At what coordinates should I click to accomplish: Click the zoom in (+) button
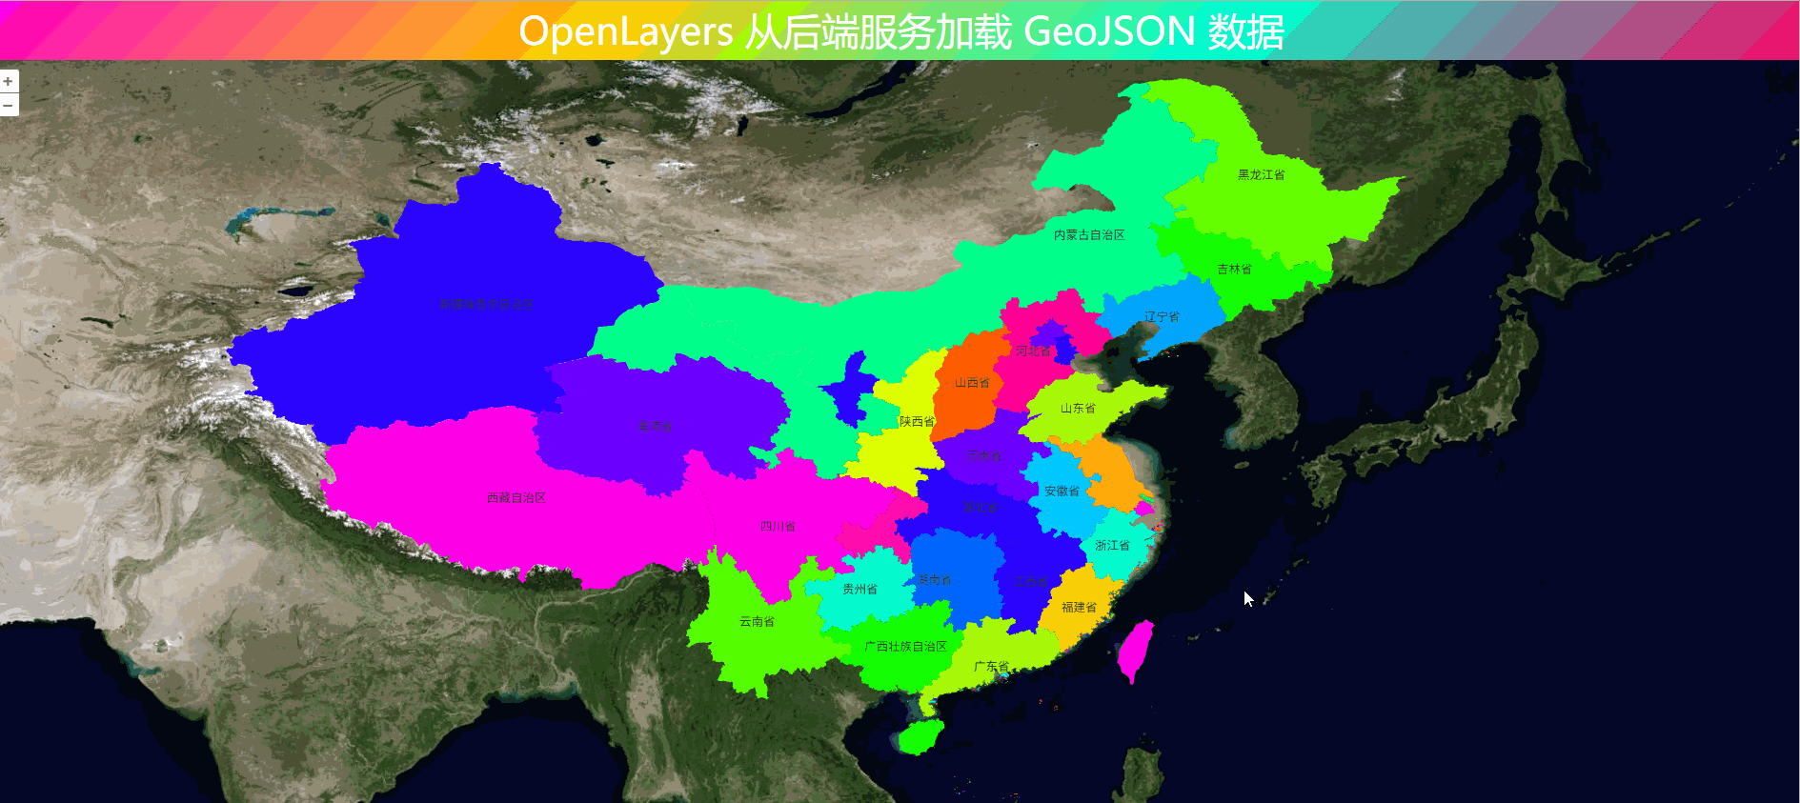pyautogui.click(x=8, y=82)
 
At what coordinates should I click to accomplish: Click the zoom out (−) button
pyautogui.click(x=8, y=105)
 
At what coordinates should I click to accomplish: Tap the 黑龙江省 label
pyautogui.click(x=1261, y=175)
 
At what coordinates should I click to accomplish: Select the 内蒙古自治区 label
pyautogui.click(x=1088, y=235)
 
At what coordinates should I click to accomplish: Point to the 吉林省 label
pyautogui.click(x=1234, y=270)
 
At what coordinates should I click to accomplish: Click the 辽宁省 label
pyautogui.click(x=1162, y=317)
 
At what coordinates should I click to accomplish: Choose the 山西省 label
pyautogui.click(x=972, y=383)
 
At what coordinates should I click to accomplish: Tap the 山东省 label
pyautogui.click(x=1078, y=409)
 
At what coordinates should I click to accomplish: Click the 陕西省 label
pyautogui.click(x=917, y=421)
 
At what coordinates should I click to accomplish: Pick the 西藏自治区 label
pyautogui.click(x=516, y=498)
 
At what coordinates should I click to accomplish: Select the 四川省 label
pyautogui.click(x=778, y=527)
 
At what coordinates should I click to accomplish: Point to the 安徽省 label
pyautogui.click(x=1062, y=492)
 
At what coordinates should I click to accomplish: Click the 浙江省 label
pyautogui.click(x=1112, y=546)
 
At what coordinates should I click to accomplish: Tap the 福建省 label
pyautogui.click(x=1079, y=608)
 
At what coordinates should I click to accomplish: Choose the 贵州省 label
pyautogui.click(x=860, y=590)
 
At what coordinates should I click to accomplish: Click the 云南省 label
pyautogui.click(x=757, y=622)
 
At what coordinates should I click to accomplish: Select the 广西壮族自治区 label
pyautogui.click(x=905, y=647)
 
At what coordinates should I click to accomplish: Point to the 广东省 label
pyautogui.click(x=991, y=667)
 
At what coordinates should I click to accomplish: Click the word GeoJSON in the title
pyautogui.click(x=1109, y=31)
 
